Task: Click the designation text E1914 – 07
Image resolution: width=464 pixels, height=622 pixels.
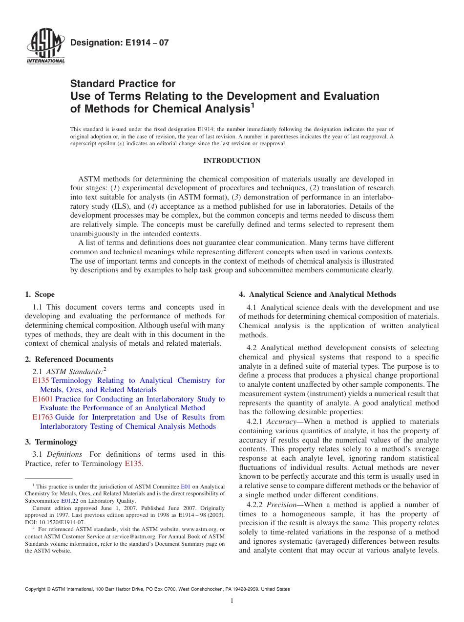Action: coord(119,43)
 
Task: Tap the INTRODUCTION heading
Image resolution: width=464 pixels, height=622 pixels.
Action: coord(232,161)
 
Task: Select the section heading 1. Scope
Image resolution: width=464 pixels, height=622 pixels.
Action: coord(40,294)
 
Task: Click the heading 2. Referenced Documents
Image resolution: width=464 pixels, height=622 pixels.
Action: coord(69,359)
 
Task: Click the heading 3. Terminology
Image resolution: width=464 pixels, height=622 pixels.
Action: coord(51,442)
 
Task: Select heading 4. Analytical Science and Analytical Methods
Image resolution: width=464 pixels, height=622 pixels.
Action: coord(317,294)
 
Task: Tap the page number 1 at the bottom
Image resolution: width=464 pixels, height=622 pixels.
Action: coord(232,600)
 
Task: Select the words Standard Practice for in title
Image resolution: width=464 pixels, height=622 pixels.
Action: coord(123,84)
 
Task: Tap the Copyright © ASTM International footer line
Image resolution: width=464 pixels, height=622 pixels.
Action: coord(157,589)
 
